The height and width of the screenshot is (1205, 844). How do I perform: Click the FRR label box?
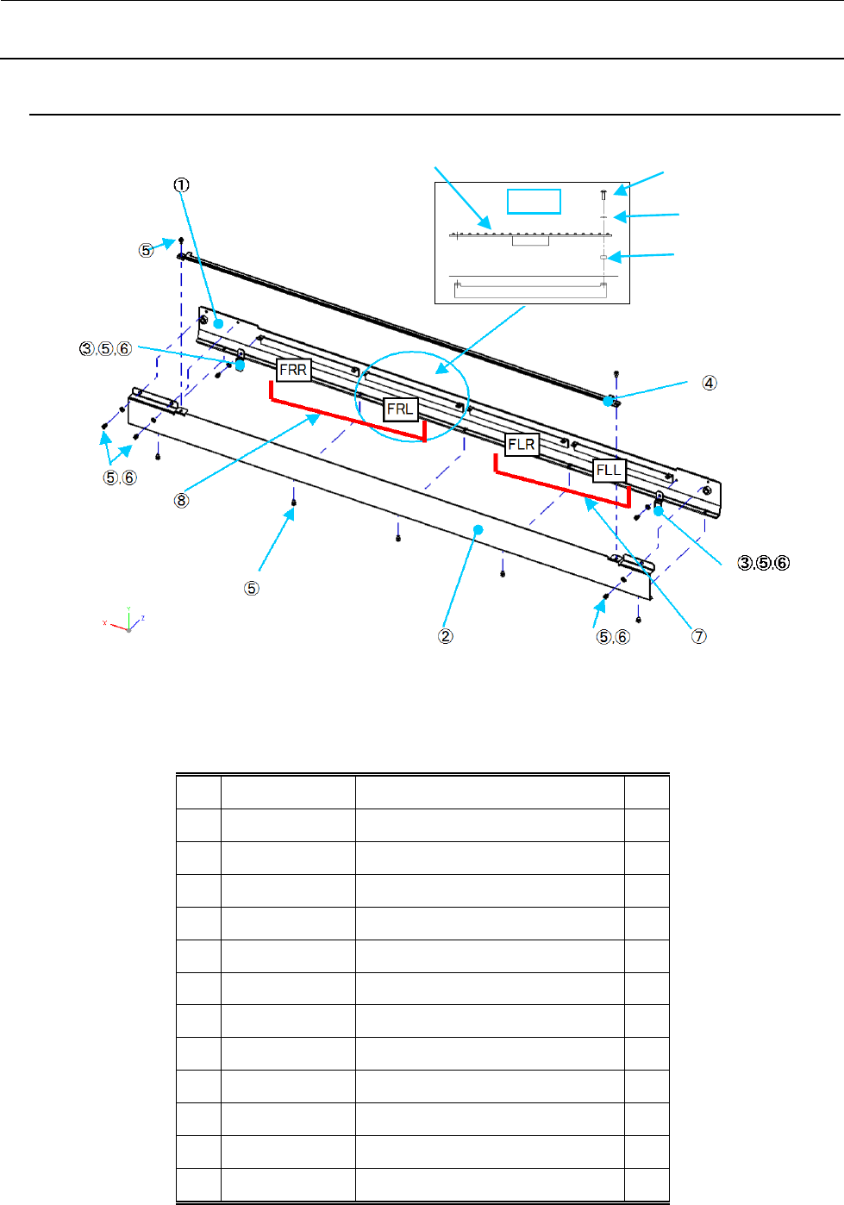click(293, 370)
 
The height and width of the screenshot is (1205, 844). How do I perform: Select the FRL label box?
click(400, 409)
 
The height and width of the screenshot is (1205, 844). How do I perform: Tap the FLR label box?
click(522, 445)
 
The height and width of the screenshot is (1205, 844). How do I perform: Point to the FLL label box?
click(609, 470)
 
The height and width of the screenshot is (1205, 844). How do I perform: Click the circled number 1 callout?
click(181, 184)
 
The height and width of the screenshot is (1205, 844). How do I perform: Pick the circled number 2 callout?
click(446, 636)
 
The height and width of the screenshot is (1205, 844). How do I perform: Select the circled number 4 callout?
click(709, 383)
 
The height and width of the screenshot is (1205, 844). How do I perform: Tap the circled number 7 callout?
click(699, 636)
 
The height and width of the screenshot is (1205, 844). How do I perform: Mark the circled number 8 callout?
click(181, 500)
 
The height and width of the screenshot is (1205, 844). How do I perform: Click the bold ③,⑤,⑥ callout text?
click(764, 563)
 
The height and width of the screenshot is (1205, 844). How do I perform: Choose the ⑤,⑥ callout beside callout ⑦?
click(613, 636)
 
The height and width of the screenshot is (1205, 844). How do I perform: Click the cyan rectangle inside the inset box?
click(534, 201)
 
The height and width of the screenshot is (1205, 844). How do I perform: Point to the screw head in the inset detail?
click(603, 195)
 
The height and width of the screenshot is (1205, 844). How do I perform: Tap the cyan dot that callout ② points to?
click(478, 529)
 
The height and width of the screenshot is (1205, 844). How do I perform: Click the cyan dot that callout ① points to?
click(218, 322)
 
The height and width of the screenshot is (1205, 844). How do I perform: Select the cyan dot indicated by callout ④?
click(609, 401)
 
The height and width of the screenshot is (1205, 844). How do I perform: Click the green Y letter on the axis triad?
click(128, 609)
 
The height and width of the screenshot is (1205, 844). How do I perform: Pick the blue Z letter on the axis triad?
click(142, 618)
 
